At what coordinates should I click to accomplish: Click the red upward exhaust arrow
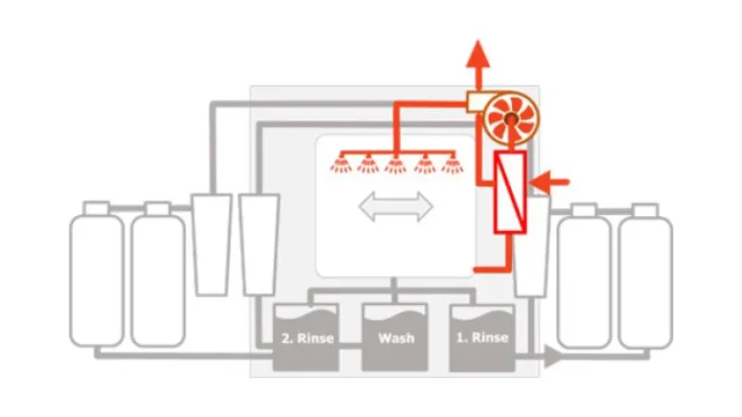click(x=478, y=65)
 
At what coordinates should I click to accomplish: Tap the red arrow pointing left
click(x=550, y=182)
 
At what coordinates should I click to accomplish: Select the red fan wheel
click(x=511, y=118)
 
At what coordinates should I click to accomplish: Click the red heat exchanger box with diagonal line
click(x=510, y=192)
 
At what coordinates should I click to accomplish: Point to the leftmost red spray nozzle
click(x=341, y=164)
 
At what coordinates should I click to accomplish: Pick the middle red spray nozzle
click(x=396, y=164)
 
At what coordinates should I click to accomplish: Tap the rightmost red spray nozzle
click(x=453, y=164)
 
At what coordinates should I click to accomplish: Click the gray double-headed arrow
click(x=396, y=206)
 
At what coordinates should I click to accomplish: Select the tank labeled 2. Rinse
click(x=306, y=337)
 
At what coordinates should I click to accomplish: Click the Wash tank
click(x=395, y=337)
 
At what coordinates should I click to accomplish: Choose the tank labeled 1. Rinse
click(x=482, y=337)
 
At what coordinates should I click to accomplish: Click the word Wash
click(x=397, y=338)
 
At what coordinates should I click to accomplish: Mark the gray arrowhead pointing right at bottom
click(x=553, y=356)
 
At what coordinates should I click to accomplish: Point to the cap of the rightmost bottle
click(x=646, y=210)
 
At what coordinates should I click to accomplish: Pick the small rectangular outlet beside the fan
click(x=475, y=102)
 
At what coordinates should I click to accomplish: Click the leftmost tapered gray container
click(x=211, y=245)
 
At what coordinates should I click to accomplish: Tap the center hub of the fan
click(x=511, y=119)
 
